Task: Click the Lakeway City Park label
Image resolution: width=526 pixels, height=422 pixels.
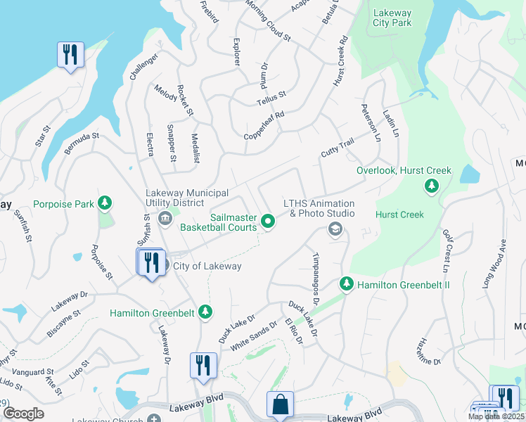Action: (392, 18)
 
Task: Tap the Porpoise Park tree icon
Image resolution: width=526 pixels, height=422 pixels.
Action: (105, 204)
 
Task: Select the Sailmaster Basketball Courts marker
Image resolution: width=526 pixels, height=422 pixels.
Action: (268, 222)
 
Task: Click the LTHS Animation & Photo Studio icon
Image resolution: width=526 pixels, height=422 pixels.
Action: (335, 229)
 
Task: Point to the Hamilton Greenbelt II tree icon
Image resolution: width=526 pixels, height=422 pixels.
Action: (346, 284)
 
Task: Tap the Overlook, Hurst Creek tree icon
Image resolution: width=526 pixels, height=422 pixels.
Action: (431, 186)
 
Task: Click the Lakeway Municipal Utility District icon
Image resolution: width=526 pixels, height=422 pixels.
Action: (165, 219)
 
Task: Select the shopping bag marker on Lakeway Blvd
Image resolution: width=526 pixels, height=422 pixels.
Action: (280, 404)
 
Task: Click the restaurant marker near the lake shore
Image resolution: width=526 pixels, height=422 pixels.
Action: (70, 54)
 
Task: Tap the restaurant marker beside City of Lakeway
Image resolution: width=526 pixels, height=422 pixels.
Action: (152, 263)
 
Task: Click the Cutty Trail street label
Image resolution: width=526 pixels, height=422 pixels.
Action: (337, 148)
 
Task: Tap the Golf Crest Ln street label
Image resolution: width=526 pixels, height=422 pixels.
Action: (446, 250)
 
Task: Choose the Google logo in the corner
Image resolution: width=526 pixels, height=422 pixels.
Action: (23, 414)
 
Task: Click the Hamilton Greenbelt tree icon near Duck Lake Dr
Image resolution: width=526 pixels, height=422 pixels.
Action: (205, 312)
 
